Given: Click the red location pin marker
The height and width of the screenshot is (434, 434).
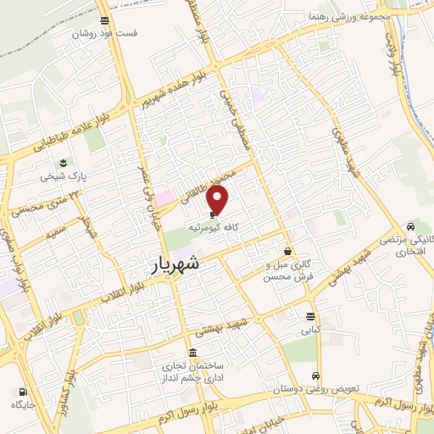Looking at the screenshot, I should [x=219, y=198].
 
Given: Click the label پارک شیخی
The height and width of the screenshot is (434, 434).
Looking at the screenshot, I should [x=63, y=177].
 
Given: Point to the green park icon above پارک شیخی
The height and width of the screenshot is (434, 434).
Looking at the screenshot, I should [x=63, y=164].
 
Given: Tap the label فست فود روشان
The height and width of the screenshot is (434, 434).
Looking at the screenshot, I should [x=103, y=34].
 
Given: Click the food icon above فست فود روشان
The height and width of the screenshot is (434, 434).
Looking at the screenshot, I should [x=103, y=21].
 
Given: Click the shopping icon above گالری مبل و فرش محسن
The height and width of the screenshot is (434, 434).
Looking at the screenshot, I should [x=288, y=252].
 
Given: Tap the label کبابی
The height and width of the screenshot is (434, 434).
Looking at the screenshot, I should [x=313, y=331].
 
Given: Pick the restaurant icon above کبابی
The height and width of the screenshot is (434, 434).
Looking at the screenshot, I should [x=313, y=317].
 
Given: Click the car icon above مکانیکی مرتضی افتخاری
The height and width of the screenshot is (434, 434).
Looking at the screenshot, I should [x=411, y=226].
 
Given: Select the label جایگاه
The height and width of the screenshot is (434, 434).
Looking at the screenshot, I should [x=23, y=405].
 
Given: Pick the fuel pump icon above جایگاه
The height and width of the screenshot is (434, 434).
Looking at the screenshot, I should [x=23, y=392].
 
